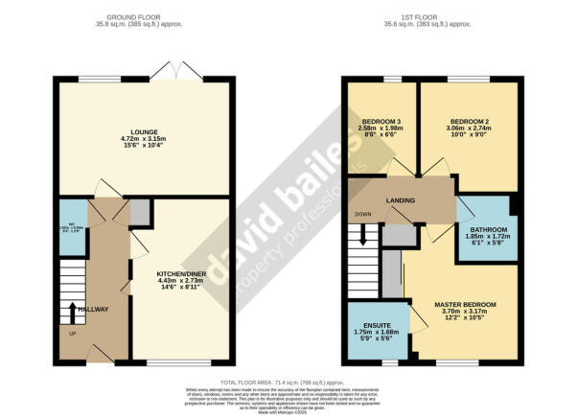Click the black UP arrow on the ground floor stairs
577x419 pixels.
[x=73, y=311]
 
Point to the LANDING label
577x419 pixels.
[x=400, y=199]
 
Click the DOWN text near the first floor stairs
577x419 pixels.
[x=361, y=214]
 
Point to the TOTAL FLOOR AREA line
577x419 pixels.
[x=288, y=381]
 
